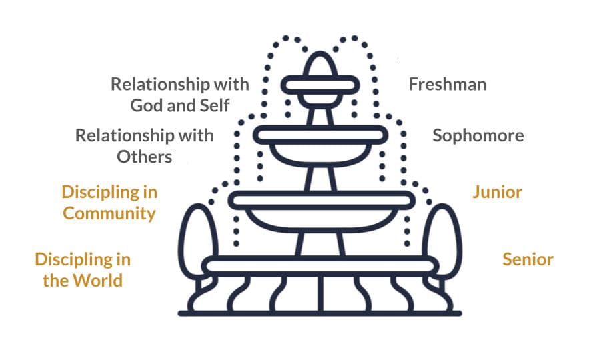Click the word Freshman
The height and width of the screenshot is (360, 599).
[x=446, y=85]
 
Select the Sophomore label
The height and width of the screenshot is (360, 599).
[x=478, y=136]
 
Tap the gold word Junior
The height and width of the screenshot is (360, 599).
[x=497, y=193]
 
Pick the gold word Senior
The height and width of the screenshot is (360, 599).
[x=528, y=259]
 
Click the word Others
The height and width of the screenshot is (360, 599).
[x=145, y=157]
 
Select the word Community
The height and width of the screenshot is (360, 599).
[x=109, y=213]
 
